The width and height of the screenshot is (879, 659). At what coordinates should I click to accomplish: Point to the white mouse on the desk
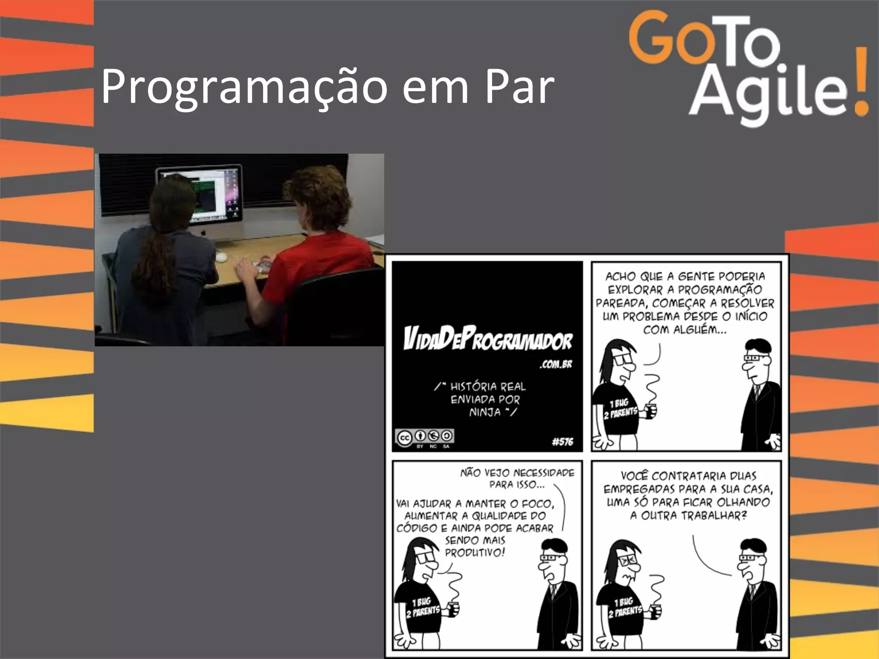pos(221,257)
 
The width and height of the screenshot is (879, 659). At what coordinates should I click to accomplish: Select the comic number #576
pos(562,441)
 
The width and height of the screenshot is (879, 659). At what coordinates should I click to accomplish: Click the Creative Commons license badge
pos(424,438)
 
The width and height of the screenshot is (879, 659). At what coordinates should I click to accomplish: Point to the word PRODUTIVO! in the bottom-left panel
pos(475,553)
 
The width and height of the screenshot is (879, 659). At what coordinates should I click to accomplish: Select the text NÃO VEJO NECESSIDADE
pos(517,473)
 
